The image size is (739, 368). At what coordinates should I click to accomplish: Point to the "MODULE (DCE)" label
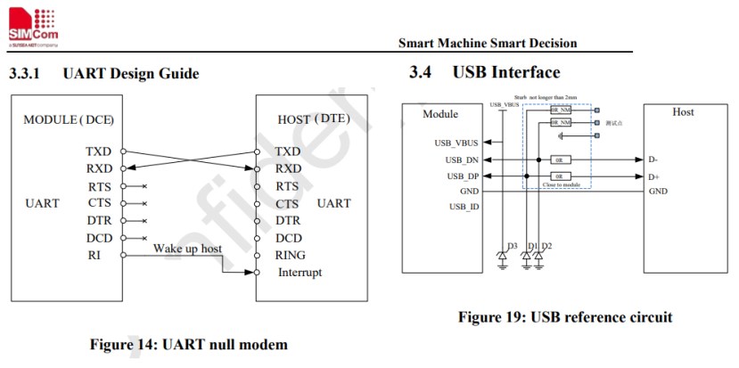69,119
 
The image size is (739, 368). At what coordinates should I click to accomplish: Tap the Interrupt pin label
300,272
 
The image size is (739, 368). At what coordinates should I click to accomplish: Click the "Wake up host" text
187,247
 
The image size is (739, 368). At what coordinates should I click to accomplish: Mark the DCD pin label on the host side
290,238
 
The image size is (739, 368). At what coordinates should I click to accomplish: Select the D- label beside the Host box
653,159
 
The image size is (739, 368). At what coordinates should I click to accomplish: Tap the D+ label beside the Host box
654,176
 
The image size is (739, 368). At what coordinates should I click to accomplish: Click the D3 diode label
512,245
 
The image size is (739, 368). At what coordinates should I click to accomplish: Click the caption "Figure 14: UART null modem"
188,343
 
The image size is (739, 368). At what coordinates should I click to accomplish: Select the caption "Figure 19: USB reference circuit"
565,316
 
